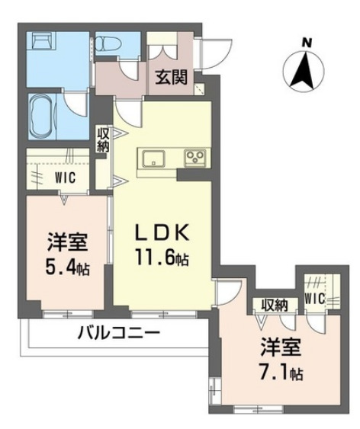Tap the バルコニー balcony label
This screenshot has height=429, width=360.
click(x=118, y=334)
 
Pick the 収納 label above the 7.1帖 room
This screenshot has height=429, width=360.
click(x=272, y=306)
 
